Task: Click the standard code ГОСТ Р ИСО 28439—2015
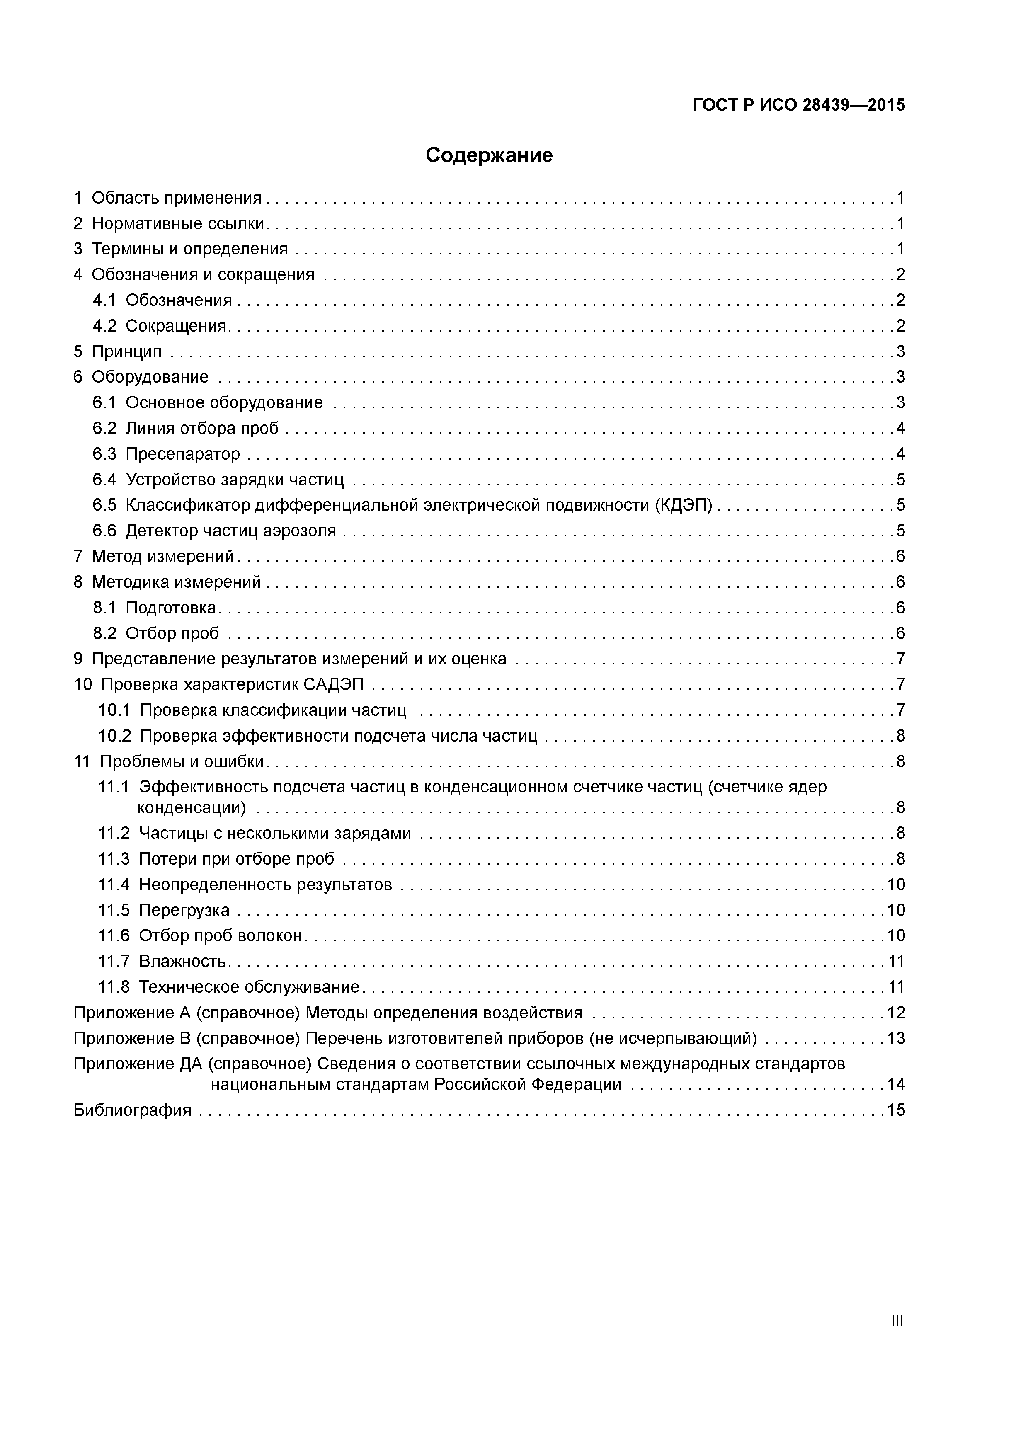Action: click(x=799, y=105)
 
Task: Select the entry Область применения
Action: click(x=176, y=198)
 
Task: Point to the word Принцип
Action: click(x=127, y=351)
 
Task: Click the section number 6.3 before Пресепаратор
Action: click(x=104, y=454)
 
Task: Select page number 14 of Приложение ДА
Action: click(x=896, y=1085)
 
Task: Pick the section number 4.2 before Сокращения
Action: click(x=104, y=326)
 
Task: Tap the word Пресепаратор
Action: click(x=183, y=454)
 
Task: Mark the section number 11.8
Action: click(x=114, y=987)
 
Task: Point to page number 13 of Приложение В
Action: click(x=896, y=1039)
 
